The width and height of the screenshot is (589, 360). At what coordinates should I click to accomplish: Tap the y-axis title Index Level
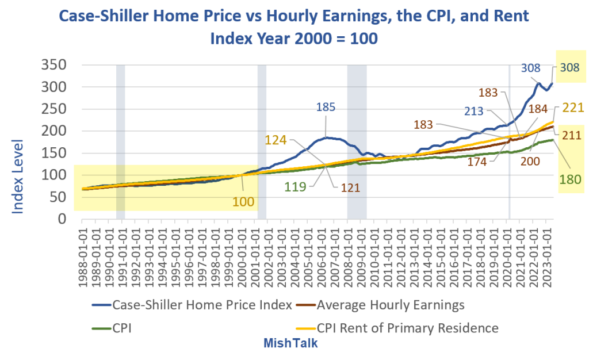point(18,176)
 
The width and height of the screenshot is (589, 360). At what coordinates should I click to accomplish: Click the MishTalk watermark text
point(290,343)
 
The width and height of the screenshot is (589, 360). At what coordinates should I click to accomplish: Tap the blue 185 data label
point(327,108)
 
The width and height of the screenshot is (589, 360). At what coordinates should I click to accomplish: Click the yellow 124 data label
point(276,140)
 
